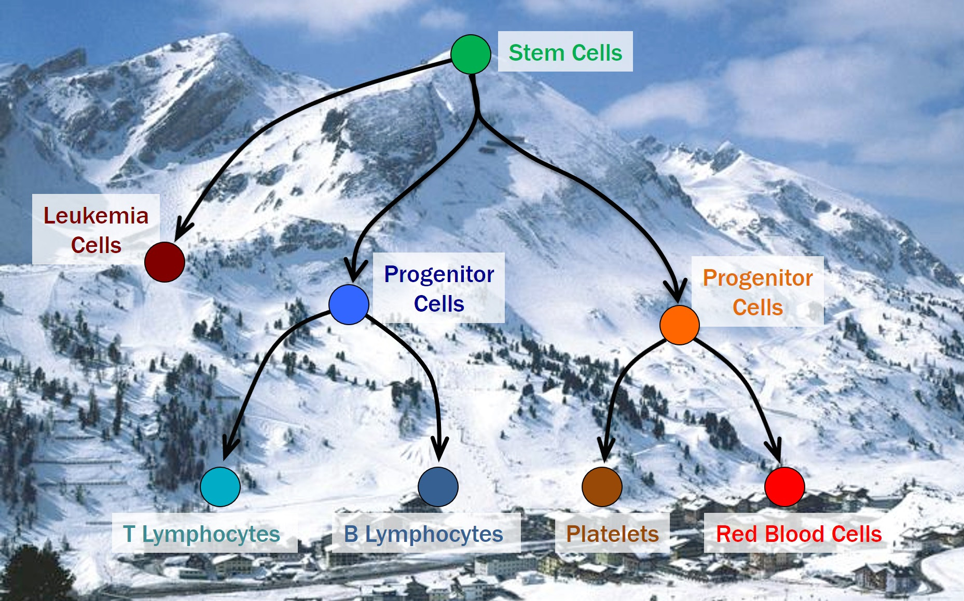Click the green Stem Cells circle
click(471, 54)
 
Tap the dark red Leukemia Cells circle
click(164, 262)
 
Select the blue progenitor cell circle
click(349, 304)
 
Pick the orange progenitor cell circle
click(679, 325)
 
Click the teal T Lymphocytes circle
click(220, 486)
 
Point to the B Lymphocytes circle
click(438, 486)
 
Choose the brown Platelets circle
click(602, 486)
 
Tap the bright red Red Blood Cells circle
click(784, 486)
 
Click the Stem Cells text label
click(565, 52)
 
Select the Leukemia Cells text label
click(96, 230)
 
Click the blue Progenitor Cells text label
click(439, 288)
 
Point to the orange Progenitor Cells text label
click(758, 292)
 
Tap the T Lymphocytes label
click(202, 534)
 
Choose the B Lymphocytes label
click(423, 534)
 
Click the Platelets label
click(612, 534)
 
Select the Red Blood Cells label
click(798, 534)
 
